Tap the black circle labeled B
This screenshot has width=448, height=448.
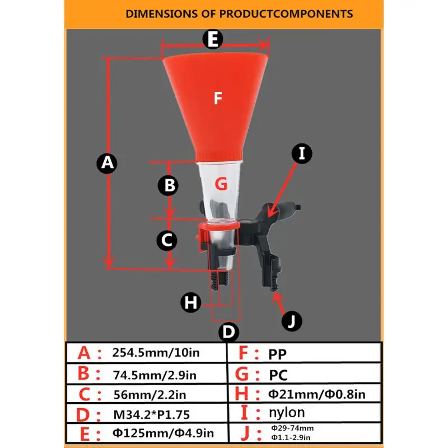[168, 185]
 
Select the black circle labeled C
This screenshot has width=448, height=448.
[166, 240]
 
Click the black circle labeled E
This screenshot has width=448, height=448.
[212, 40]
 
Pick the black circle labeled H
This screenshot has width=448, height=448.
[191, 303]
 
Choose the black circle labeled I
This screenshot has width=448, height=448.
[302, 153]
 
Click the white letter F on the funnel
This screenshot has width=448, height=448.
[218, 99]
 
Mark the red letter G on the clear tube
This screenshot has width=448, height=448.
[221, 183]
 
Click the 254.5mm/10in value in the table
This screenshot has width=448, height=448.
[156, 353]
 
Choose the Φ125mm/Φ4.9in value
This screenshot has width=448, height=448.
[162, 433]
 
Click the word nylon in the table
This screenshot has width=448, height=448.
[287, 413]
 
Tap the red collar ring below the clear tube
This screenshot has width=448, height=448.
[220, 227]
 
